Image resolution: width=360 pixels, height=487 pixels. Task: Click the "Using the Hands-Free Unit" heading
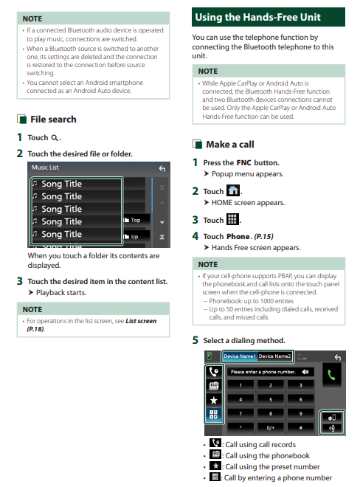coord(257,17)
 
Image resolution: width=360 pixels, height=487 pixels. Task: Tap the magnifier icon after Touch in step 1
coord(55,138)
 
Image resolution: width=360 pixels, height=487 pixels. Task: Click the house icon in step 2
coord(233,190)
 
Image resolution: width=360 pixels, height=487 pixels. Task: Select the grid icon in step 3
coord(232,219)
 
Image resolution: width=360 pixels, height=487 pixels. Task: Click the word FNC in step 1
coord(244,163)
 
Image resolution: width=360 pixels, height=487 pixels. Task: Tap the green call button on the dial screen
coord(331,375)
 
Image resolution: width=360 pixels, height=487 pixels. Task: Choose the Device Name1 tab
coord(240,356)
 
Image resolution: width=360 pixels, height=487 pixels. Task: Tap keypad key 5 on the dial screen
coord(271,399)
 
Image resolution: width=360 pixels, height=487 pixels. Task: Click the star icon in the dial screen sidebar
coord(214,400)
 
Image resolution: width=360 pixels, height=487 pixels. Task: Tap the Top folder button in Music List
coord(136,220)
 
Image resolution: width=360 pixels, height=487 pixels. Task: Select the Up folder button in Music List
coord(136,237)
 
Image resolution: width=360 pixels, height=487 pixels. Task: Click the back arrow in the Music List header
coord(162,169)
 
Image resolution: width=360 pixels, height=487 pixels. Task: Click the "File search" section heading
coord(53,120)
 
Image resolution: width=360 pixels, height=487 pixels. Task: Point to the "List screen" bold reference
coord(141,321)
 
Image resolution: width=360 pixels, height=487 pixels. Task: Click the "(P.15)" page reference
coord(263,237)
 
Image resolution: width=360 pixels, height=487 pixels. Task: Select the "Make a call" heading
coord(230,145)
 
